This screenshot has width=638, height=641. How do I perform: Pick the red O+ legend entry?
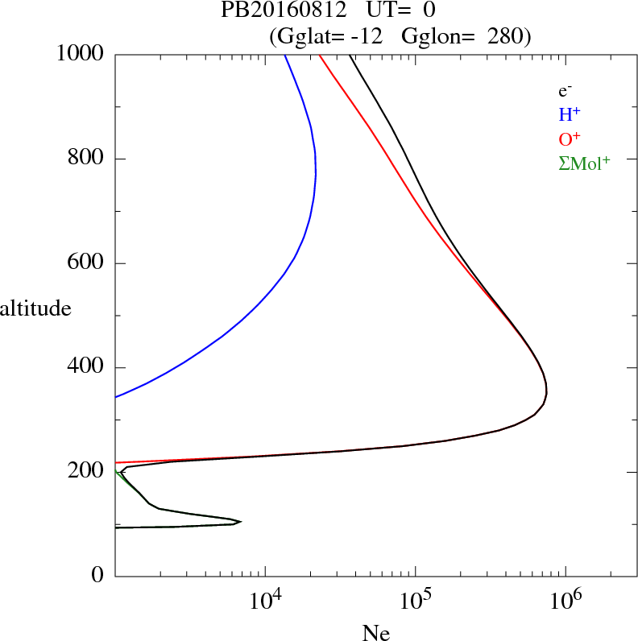pos(570,139)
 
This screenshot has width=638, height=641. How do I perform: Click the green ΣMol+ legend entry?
pos(584,163)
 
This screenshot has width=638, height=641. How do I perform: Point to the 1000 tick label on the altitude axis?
pos(81,54)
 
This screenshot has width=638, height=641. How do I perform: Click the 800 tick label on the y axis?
pos(86,159)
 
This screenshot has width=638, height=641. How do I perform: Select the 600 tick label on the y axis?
pos(86,263)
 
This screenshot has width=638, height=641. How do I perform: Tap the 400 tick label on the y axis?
pos(86,367)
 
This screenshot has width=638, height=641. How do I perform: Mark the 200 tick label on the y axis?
pos(86,471)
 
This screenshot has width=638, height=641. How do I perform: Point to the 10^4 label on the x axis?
pos(265,600)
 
